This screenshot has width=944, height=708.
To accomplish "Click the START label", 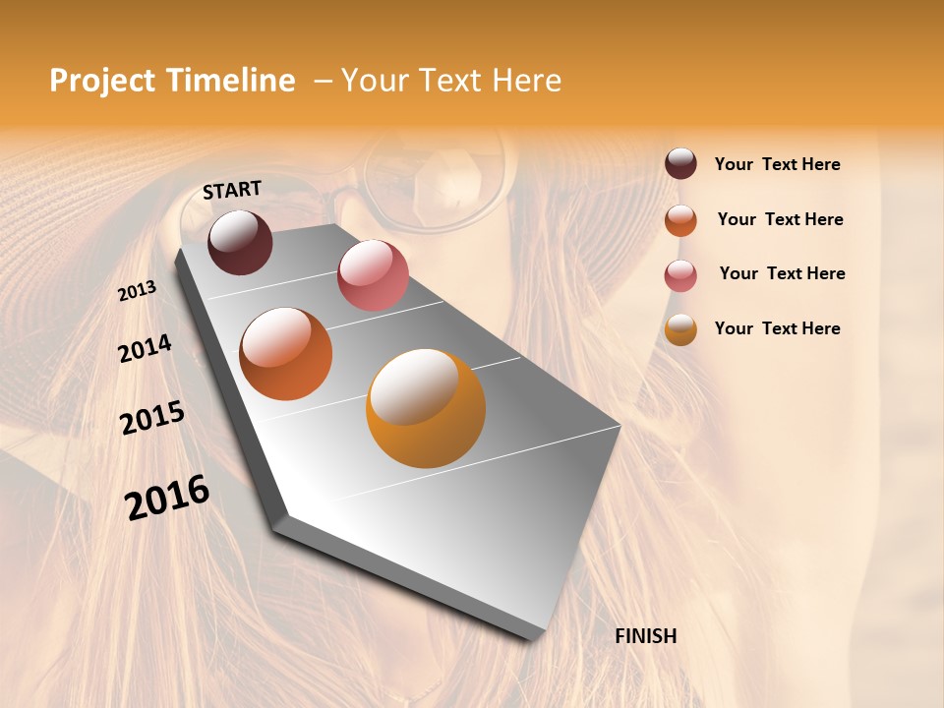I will [232, 190].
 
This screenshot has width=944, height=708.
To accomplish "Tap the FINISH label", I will [645, 636].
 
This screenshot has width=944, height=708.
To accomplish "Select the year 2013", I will [138, 291].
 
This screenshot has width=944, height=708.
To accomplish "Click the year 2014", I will [145, 348].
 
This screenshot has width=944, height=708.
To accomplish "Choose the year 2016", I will [167, 497].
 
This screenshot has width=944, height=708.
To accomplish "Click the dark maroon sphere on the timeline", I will [240, 242].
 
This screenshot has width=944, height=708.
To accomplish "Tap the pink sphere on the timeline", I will [373, 274].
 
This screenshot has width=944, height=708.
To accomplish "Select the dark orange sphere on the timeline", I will [286, 354].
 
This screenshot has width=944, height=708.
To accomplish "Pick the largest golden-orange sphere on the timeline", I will [426, 408].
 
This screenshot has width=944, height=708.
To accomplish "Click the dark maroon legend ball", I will [680, 164].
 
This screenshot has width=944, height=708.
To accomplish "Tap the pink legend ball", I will [680, 274].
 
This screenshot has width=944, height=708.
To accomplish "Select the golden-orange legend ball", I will [680, 329].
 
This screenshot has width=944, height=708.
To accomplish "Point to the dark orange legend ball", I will [680, 219].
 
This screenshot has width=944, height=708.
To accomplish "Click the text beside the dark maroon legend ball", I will [777, 164].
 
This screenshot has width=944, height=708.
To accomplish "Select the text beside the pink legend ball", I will [782, 273].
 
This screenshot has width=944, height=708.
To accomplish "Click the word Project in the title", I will [102, 81].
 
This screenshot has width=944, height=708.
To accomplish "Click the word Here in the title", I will [526, 81].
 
